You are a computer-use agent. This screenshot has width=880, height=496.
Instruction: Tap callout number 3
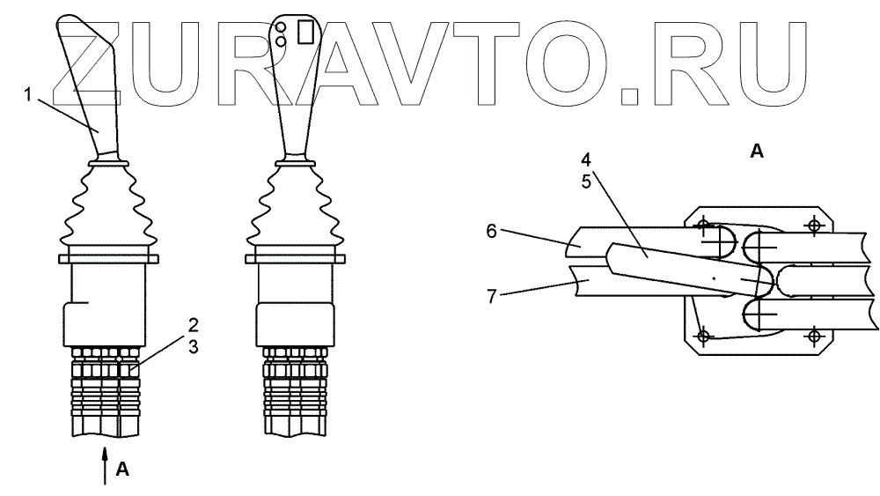pos(191,346)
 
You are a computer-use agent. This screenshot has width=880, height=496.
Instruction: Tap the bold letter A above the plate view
pos(756,152)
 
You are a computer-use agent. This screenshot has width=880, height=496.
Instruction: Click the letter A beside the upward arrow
pos(123,469)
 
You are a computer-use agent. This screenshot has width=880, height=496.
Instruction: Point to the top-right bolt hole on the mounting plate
pos(813,225)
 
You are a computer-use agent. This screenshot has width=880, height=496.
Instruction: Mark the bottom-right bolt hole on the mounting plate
pos(813,336)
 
